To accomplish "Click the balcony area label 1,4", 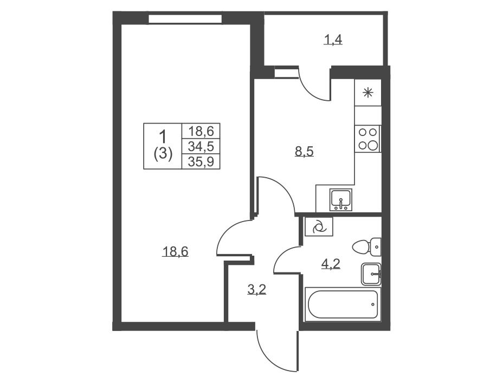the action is [333, 40].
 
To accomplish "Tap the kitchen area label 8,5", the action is [304, 151].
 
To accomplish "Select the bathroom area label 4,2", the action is [331, 264].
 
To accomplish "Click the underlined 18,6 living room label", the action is [176, 251].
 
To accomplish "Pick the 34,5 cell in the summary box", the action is [201, 146].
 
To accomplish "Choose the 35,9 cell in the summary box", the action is [201, 162].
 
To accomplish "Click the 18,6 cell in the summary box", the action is [201, 131].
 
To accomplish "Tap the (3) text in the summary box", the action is [163, 154].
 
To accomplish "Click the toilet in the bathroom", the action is [366, 247].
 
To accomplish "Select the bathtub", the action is [343, 304].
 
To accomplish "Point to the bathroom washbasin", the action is [371, 274].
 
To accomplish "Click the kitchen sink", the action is [341, 199].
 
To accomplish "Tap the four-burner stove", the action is [367, 139].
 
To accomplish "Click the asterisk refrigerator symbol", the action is [368, 93].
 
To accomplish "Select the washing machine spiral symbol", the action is [319, 227].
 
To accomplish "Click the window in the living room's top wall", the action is [185, 18].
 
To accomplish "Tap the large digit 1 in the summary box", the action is [163, 136].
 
